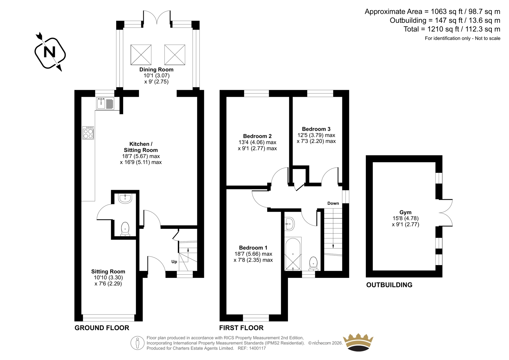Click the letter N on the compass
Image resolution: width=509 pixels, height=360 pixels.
[50, 52]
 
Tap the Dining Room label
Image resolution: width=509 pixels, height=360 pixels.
[156, 70]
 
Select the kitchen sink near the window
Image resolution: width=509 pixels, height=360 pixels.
[105, 103]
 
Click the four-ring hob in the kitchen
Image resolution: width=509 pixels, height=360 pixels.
[88, 133]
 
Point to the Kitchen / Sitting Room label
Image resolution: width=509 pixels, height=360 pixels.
[141, 147]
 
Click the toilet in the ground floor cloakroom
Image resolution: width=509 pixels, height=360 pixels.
[125, 229]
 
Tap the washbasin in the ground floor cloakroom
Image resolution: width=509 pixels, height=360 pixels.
[125, 198]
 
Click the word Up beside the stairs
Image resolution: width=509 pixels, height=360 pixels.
[174, 262]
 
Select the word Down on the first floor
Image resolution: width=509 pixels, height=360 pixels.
[333, 203]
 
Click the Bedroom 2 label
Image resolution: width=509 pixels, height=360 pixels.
[257, 136]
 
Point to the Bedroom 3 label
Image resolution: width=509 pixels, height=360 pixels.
[316, 129]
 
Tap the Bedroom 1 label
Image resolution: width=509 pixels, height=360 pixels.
[253, 248]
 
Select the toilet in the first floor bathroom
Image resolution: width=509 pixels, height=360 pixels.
[313, 264]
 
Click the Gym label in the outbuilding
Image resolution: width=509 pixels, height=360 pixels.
[405, 212]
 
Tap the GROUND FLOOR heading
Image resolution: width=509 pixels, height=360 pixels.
[102, 328]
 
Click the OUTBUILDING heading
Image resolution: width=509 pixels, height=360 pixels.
[389, 285]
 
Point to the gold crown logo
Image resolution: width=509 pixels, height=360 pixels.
[358, 342]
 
